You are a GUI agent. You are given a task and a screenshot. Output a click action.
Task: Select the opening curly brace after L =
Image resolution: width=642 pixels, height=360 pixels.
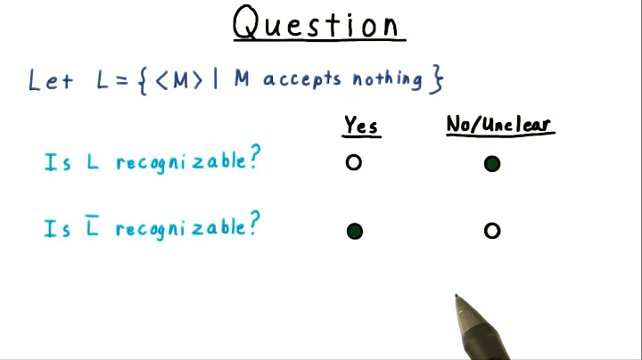point(144,80)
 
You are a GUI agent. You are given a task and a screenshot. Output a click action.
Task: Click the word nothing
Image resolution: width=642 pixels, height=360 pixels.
point(387,79)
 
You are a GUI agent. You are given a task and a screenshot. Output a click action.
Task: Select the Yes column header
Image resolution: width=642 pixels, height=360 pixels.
point(361,126)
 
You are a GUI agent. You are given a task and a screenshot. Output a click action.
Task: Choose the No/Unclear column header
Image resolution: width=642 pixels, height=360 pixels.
point(499,126)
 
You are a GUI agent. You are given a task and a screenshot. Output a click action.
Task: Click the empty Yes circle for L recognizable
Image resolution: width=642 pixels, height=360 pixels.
point(354,163)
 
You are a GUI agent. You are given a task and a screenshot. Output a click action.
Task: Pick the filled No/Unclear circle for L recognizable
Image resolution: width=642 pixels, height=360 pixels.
point(491,163)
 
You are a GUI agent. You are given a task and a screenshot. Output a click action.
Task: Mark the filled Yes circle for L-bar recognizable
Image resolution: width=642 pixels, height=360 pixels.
point(354,232)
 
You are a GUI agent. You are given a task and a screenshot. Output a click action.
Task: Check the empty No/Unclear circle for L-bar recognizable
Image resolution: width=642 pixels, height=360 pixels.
point(491,232)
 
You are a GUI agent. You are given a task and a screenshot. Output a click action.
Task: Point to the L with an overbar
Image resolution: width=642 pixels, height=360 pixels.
point(92,228)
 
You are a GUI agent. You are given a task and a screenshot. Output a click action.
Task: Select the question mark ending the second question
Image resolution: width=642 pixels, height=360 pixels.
point(254,225)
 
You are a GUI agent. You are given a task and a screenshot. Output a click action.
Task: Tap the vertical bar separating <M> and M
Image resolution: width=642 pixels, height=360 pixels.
point(215,79)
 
